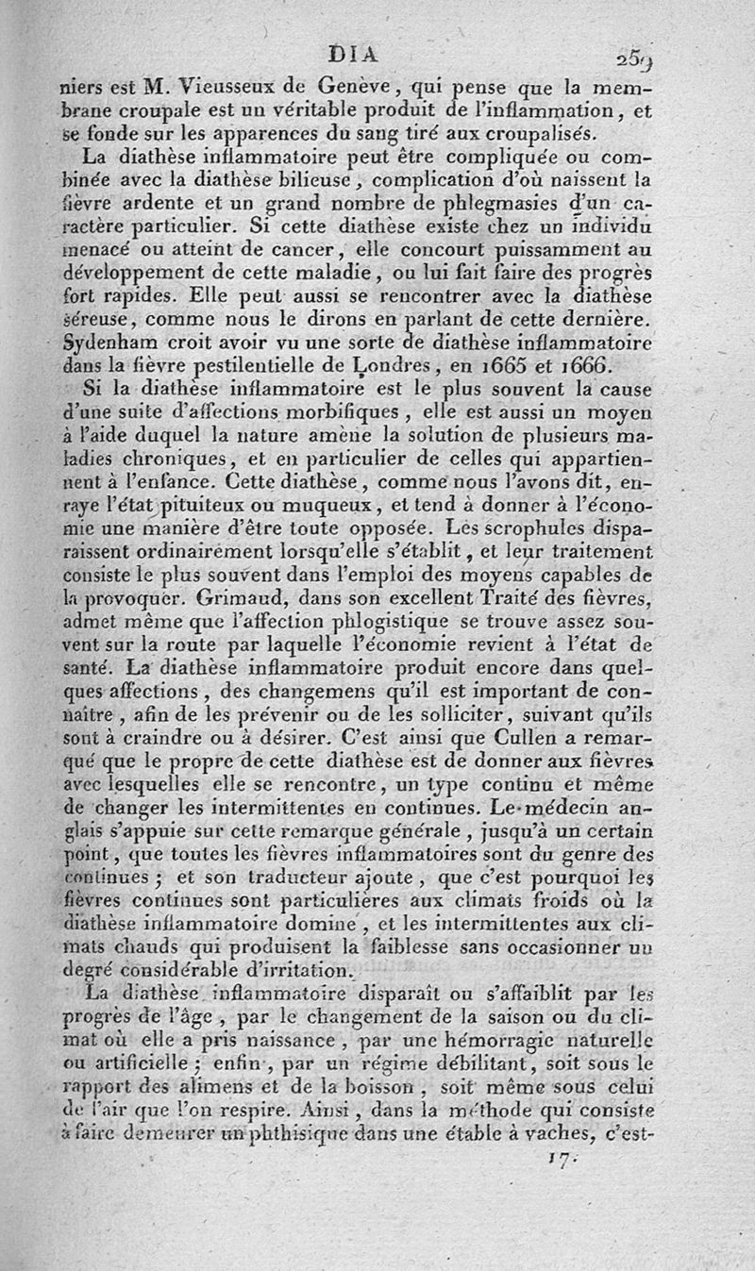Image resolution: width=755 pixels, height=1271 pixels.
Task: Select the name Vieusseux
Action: coord(207,90)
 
